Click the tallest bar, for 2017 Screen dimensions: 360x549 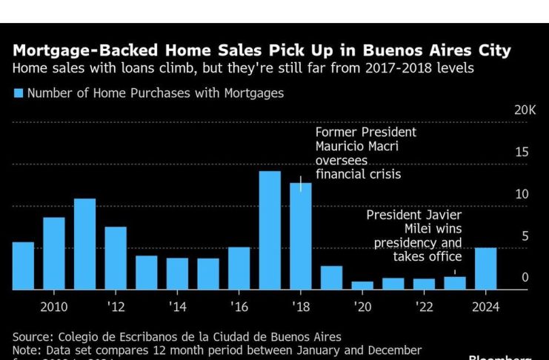tap(270, 230)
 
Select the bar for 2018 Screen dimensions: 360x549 tap(300, 236)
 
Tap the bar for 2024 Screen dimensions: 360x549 tap(485, 268)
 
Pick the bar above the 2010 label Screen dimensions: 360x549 tap(54, 253)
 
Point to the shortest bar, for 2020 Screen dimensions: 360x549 tap(362, 285)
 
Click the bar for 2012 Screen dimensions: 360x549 tap(116, 258)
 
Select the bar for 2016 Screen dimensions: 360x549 tap(239, 267)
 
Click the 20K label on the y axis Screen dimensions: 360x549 tap(525, 110)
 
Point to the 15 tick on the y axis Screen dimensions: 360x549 tap(522, 153)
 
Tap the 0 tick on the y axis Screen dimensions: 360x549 tap(525, 278)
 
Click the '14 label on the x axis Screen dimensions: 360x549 tap(177, 307)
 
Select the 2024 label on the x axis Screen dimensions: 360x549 tap(485, 307)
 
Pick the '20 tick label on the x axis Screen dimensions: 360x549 tap(362, 307)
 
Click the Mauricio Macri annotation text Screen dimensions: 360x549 tap(357, 147)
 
